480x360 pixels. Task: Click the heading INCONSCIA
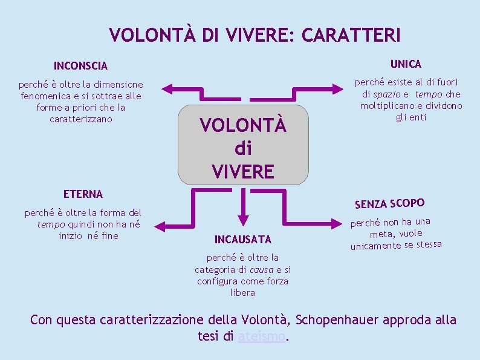coord(80,65)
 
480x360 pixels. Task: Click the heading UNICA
coord(406,64)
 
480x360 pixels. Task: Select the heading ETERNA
coord(83,194)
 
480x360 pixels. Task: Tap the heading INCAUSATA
coord(243,239)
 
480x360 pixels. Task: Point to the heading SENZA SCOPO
coord(389,203)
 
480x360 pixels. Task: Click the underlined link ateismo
coord(261,336)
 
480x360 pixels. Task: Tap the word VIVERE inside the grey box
coord(243,171)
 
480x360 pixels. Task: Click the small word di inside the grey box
coord(243,148)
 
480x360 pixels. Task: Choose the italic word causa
coord(261,270)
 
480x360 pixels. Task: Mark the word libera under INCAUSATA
coord(243,293)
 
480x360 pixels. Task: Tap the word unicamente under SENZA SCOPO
coord(375,246)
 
